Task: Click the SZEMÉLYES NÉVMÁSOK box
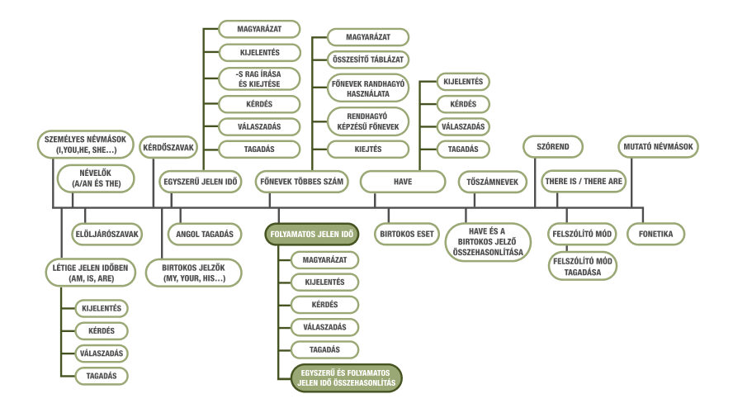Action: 85,145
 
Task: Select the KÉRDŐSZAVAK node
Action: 168,147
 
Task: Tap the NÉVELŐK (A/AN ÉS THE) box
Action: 96,178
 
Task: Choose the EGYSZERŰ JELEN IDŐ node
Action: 200,182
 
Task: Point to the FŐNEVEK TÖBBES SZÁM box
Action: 301,182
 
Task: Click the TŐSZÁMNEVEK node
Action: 492,182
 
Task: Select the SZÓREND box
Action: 552,147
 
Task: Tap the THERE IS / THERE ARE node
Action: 584,182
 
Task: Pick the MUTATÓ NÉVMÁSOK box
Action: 658,147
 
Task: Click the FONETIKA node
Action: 655,234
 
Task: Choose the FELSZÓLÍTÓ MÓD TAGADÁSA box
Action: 583,267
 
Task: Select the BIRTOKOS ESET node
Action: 407,234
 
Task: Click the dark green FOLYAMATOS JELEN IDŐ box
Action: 312,235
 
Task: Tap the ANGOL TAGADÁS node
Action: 204,234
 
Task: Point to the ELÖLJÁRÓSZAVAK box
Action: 107,234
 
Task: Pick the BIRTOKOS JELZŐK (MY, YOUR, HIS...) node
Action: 193,273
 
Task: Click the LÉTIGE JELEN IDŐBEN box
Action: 90,273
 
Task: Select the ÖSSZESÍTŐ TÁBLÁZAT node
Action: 368,59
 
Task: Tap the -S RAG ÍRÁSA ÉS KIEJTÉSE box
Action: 259,79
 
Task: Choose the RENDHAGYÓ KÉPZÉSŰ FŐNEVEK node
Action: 368,121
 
